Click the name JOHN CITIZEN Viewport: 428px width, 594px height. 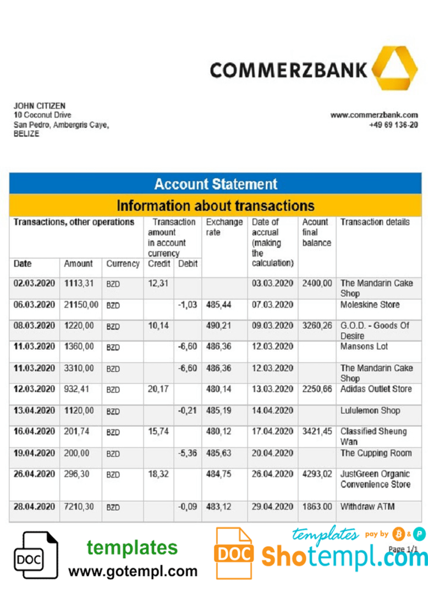click(x=39, y=106)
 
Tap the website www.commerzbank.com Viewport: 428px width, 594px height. click(x=374, y=115)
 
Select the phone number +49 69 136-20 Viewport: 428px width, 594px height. click(x=393, y=125)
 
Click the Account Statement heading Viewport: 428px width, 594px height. click(x=216, y=184)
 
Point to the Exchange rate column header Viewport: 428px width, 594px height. click(x=224, y=227)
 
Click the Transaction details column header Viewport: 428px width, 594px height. click(x=375, y=222)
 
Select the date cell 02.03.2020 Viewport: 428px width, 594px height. click(x=34, y=283)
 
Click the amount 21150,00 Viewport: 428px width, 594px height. click(x=81, y=305)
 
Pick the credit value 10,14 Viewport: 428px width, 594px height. click(x=158, y=326)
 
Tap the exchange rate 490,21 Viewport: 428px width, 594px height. click(x=218, y=326)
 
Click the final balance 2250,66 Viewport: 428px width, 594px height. click(x=317, y=389)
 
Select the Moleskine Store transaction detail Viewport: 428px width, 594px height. click(x=370, y=305)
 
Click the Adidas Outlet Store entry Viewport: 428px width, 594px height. click(x=376, y=389)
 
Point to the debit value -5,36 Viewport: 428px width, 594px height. click(x=188, y=453)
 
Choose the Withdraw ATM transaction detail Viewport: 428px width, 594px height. click(x=367, y=506)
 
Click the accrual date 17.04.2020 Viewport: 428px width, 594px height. click(x=272, y=432)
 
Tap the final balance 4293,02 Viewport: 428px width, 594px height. click(x=317, y=474)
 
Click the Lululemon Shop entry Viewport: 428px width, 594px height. click(x=370, y=410)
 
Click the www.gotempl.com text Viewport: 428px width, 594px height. click(x=133, y=571)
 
